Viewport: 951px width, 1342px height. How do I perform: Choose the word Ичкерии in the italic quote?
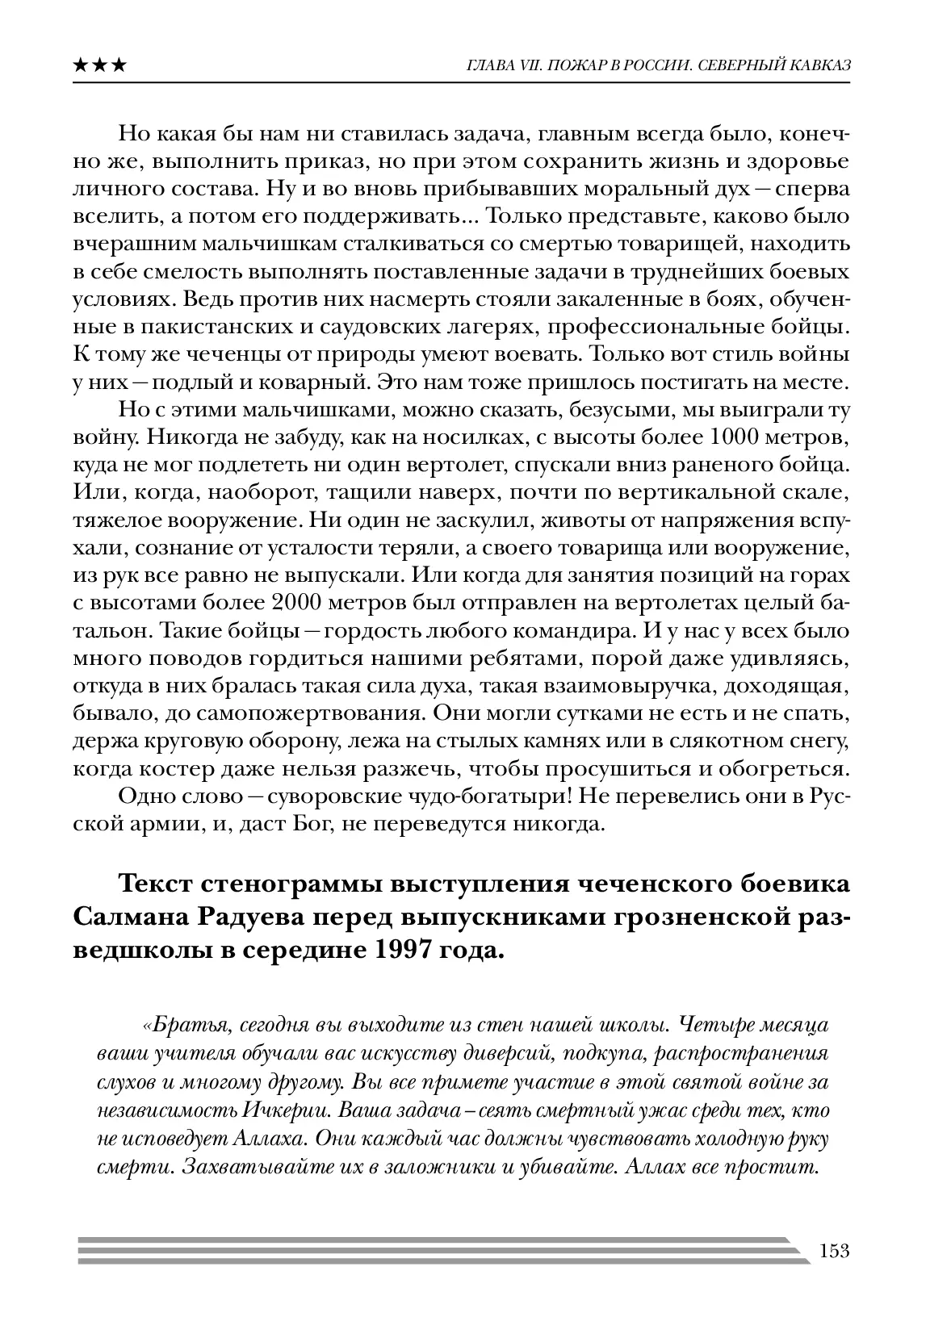[285, 1110]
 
